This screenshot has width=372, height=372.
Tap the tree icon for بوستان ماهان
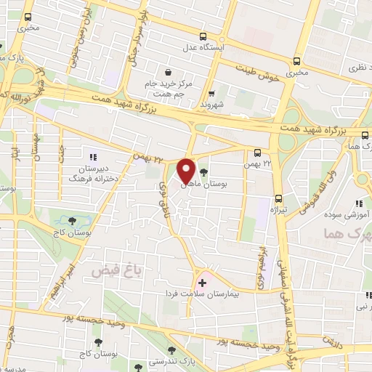[x=203, y=173]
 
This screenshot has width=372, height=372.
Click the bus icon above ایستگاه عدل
[x=204, y=36]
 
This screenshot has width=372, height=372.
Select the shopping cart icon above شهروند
[x=212, y=92]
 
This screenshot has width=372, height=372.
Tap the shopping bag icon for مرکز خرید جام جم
[x=169, y=73]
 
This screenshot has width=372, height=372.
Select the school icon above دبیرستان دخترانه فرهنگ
[x=92, y=156]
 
